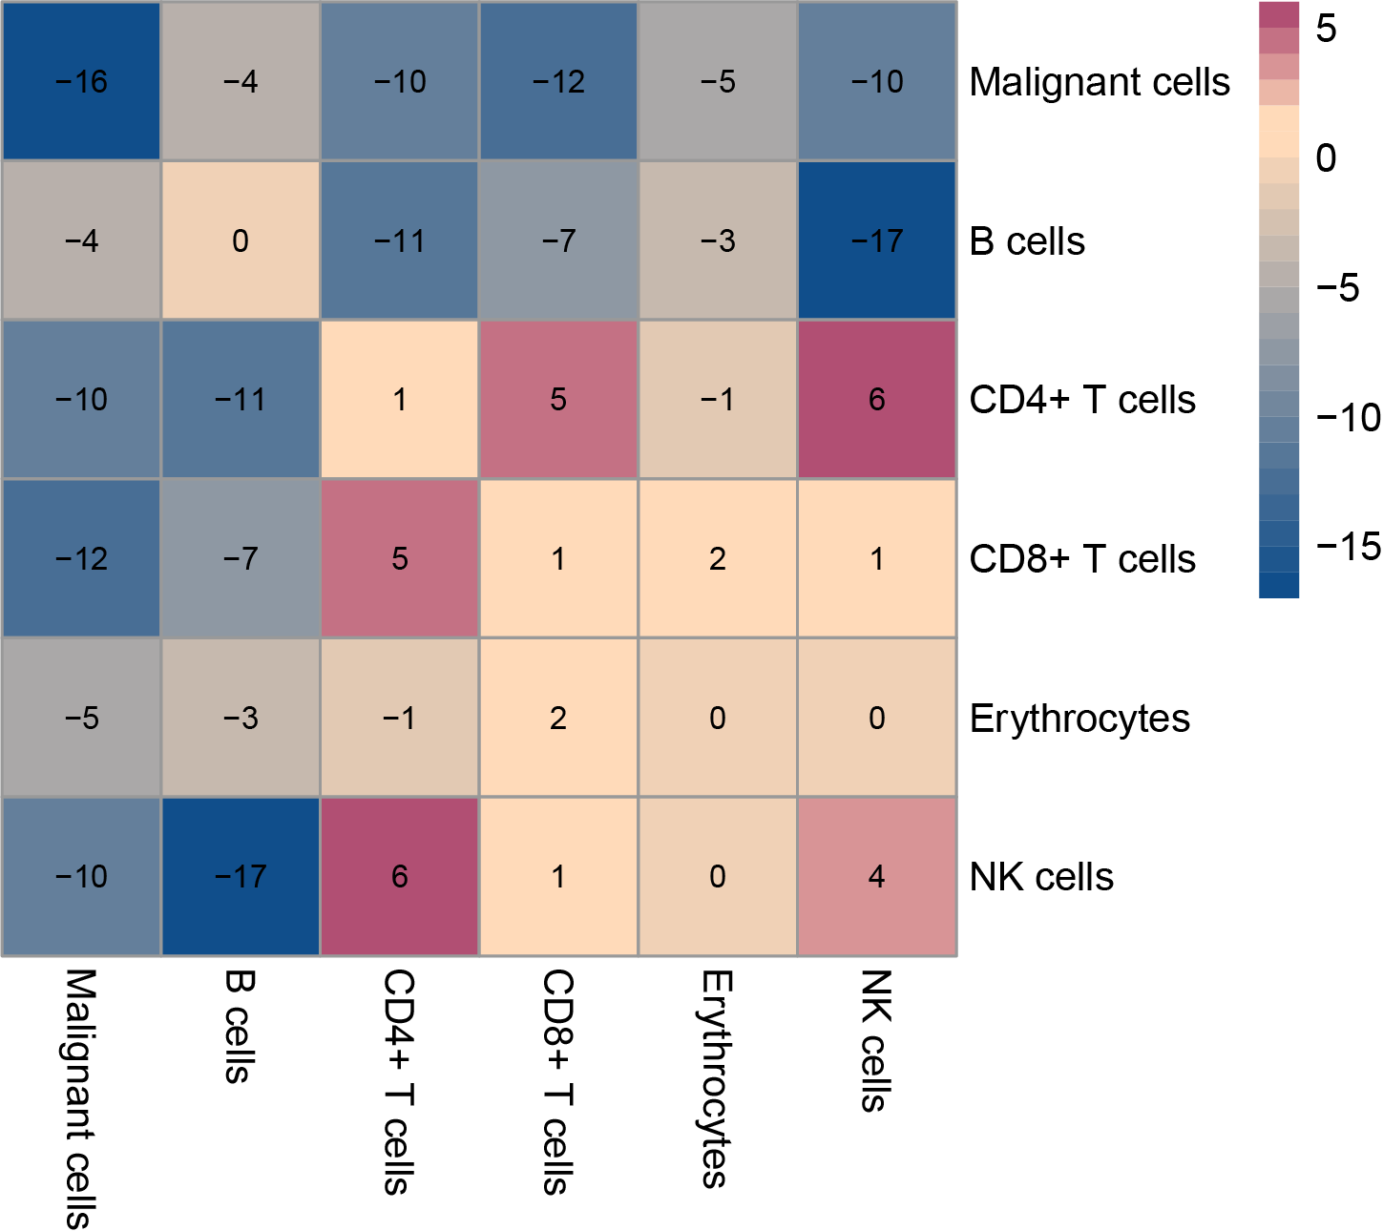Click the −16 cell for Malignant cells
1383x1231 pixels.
(81, 82)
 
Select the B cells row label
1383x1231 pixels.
(1027, 241)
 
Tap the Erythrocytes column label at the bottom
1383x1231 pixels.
(717, 1078)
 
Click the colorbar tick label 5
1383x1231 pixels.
(1326, 30)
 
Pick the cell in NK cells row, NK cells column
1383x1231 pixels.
(876, 877)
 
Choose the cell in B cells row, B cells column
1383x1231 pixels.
(241, 240)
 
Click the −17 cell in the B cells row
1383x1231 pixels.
(876, 240)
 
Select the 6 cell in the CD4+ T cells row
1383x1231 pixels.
(876, 400)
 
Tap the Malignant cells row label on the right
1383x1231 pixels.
(1100, 83)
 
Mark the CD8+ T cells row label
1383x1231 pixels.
(1082, 559)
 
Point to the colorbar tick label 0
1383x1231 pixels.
(1326, 158)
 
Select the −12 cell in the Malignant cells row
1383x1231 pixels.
(558, 82)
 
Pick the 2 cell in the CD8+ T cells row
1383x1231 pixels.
(718, 559)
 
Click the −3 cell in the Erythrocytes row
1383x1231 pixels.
(241, 718)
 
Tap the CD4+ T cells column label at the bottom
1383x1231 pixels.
(399, 1082)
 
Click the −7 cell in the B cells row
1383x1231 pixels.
(558, 240)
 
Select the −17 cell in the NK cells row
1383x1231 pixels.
(241, 877)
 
